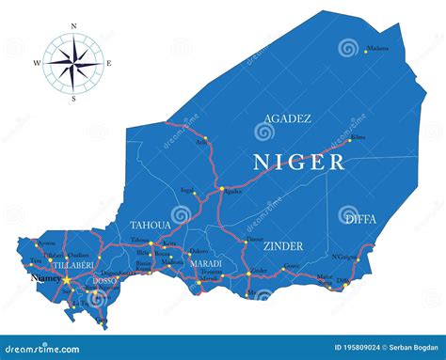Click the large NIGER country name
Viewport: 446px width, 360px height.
pyautogui.click(x=298, y=162)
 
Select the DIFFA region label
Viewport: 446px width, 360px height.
pyautogui.click(x=359, y=219)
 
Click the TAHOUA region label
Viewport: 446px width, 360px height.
pyautogui.click(x=151, y=226)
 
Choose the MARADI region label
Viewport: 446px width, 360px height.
pyautogui.click(x=205, y=263)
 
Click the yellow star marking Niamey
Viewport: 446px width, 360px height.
pyautogui.click(x=68, y=278)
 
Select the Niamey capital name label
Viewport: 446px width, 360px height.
pyautogui.click(x=45, y=278)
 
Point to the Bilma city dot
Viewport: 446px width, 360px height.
pyautogui.click(x=351, y=140)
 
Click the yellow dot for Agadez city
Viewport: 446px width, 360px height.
pyautogui.click(x=222, y=189)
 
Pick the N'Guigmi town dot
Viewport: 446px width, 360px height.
pyautogui.click(x=358, y=258)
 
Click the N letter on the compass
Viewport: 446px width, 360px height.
pyautogui.click(x=73, y=27)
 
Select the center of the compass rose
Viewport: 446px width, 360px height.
pyautogui.click(x=73, y=64)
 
